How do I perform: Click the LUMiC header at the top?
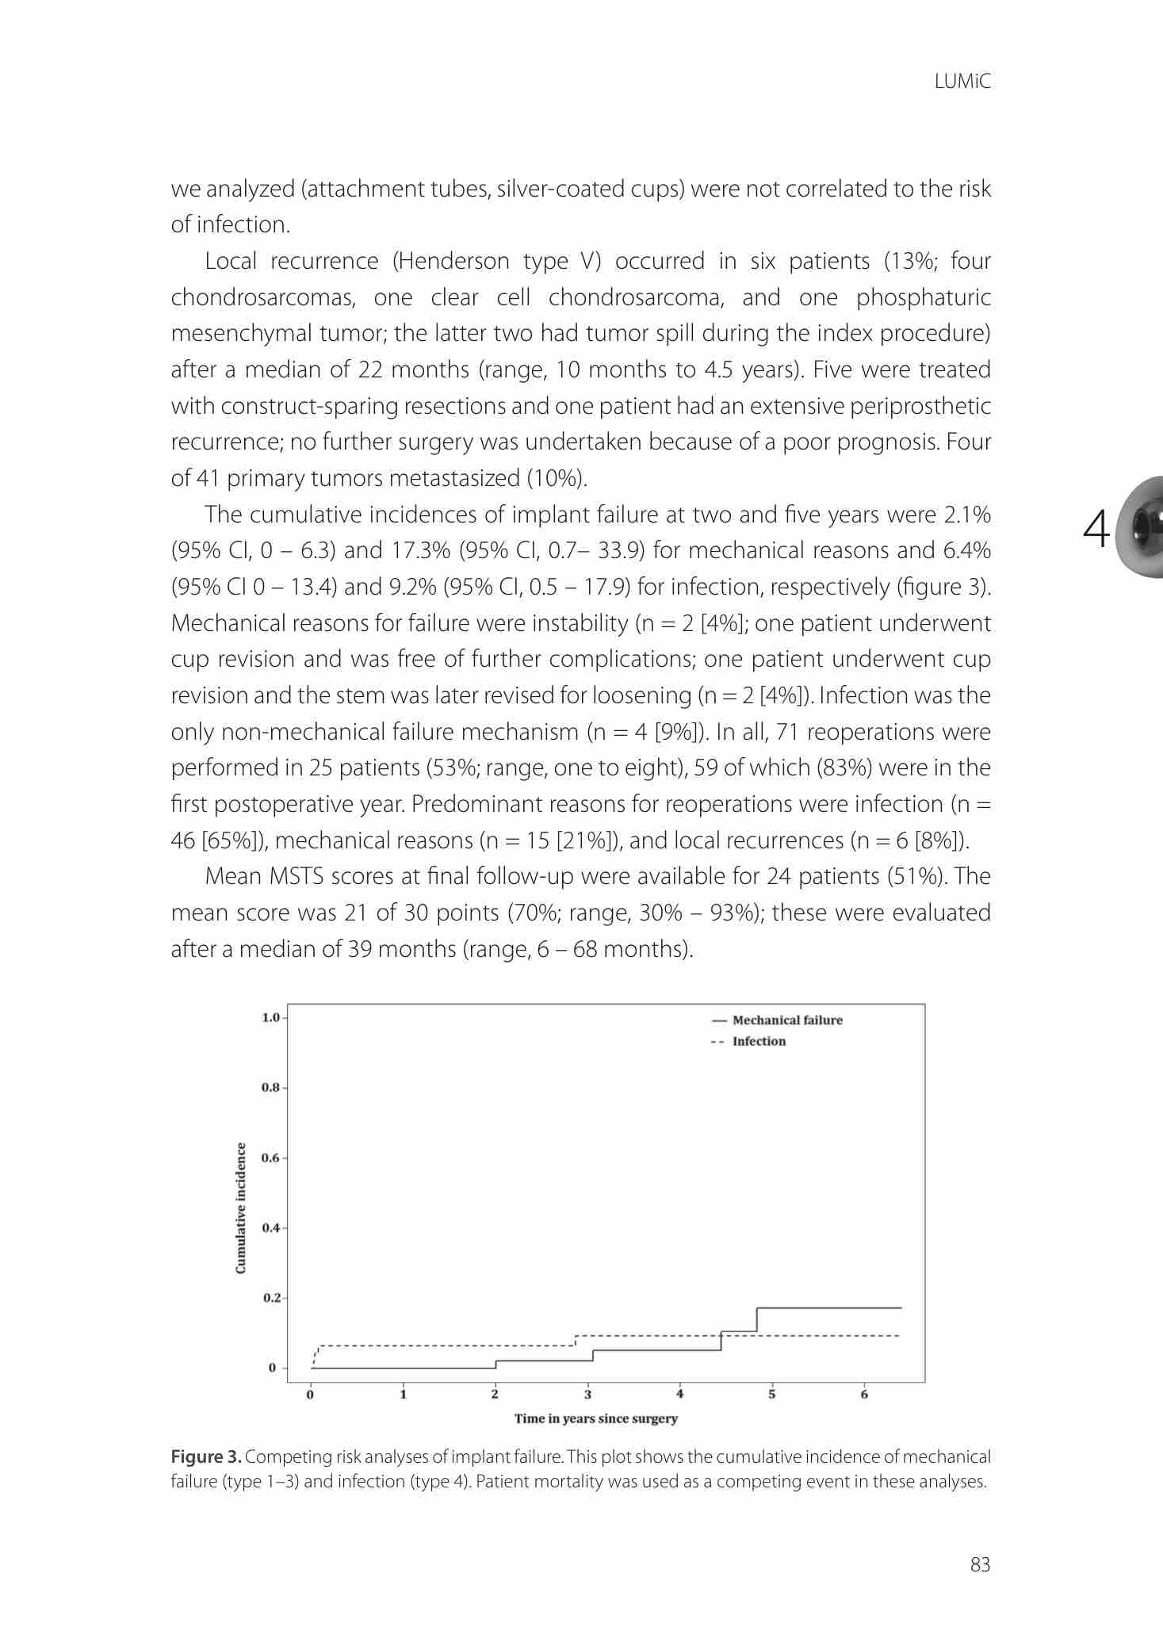(x=962, y=82)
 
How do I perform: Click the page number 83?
(x=980, y=1564)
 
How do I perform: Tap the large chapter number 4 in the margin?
(x=1096, y=530)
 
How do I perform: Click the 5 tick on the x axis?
(x=772, y=1395)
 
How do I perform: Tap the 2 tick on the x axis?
(x=495, y=1395)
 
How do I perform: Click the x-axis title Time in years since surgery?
(x=596, y=1418)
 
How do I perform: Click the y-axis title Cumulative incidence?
(x=241, y=1208)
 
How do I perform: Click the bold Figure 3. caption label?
(x=206, y=1457)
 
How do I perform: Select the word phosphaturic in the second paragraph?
(x=923, y=297)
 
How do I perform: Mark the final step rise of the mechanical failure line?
(x=757, y=1319)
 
